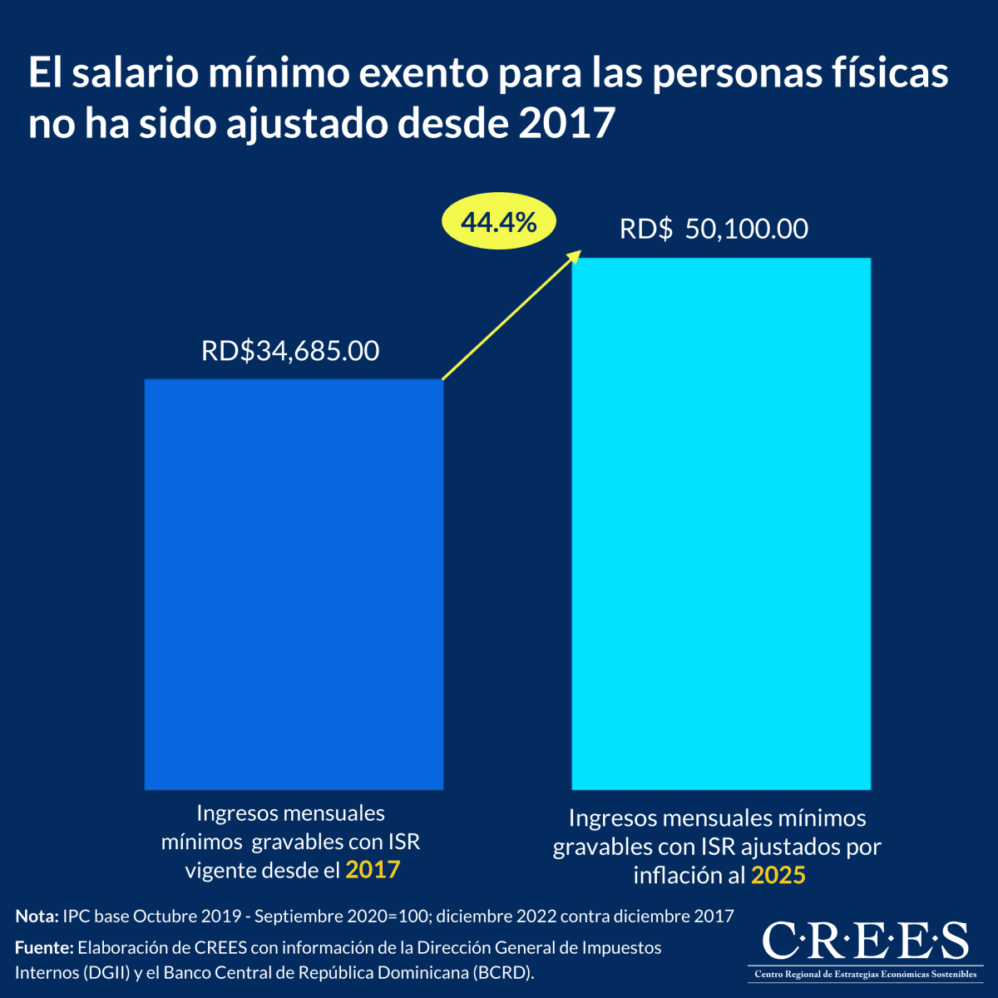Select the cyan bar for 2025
(721, 523)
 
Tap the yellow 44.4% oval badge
(498, 222)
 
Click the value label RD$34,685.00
(290, 351)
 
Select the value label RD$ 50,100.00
(714, 229)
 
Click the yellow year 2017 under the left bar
(373, 870)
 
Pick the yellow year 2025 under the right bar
(778, 875)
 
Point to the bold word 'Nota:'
(37, 916)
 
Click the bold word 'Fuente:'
(44, 947)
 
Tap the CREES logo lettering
(865, 941)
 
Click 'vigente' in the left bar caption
(219, 870)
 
